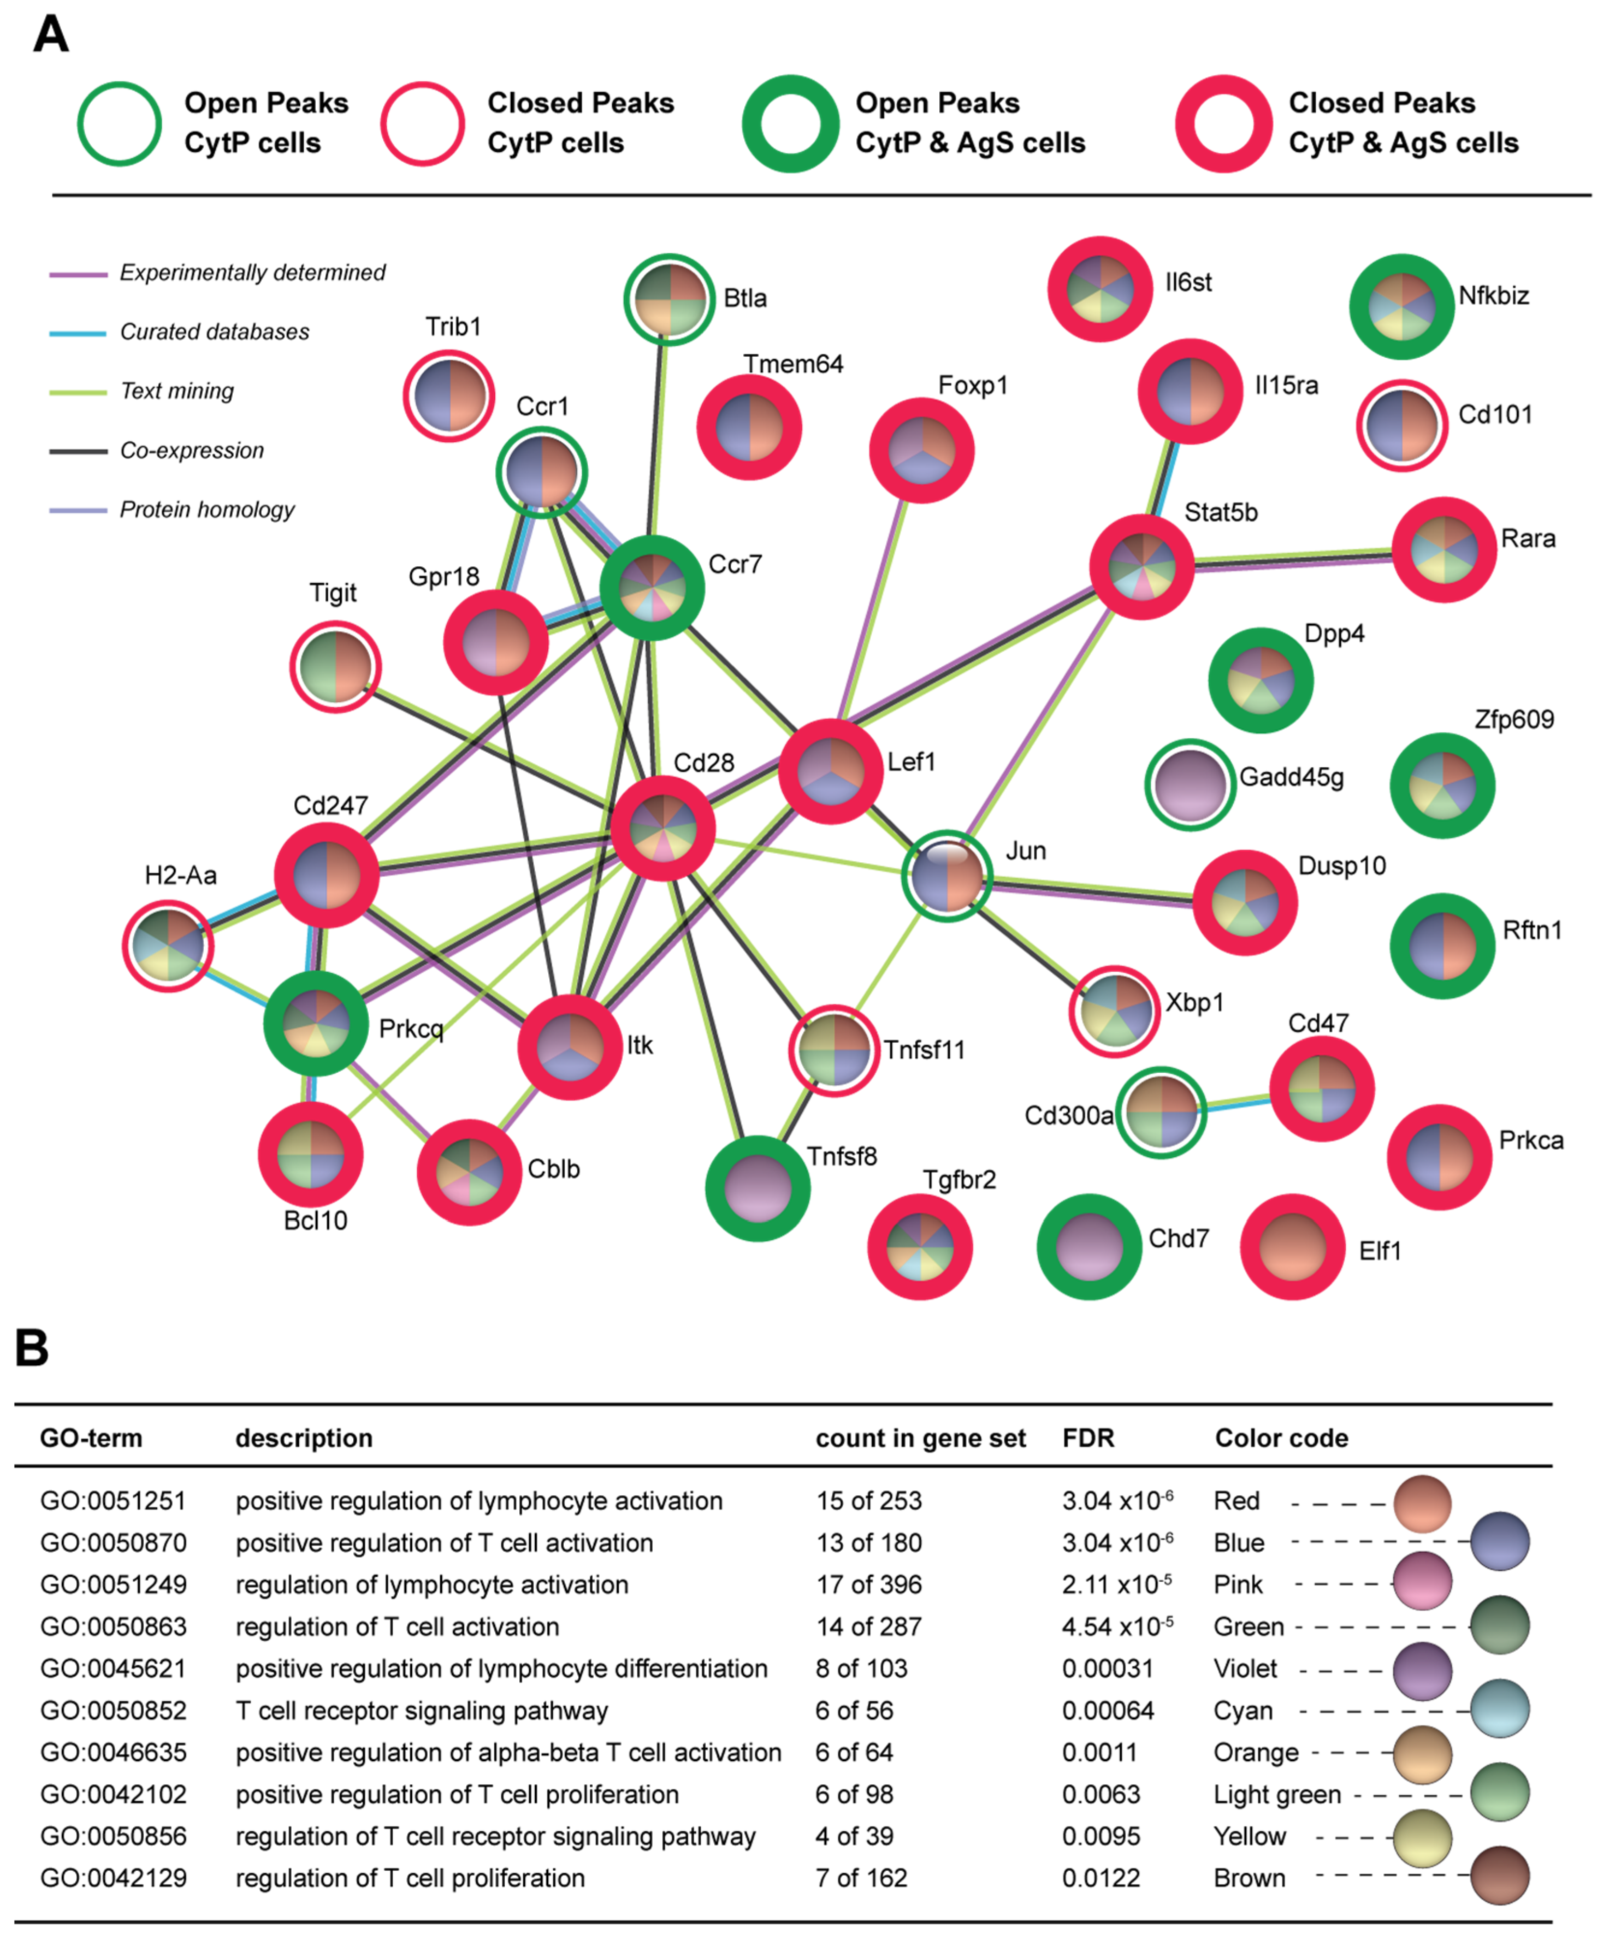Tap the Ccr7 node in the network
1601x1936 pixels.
pyautogui.click(x=652, y=587)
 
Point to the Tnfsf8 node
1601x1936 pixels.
pyautogui.click(x=758, y=1188)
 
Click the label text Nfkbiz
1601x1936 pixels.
pyautogui.click(x=1493, y=296)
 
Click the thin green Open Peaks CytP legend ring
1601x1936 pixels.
pyautogui.click(x=120, y=124)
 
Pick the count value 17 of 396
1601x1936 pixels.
pyautogui.click(x=868, y=1585)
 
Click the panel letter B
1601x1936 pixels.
pyautogui.click(x=31, y=1348)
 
